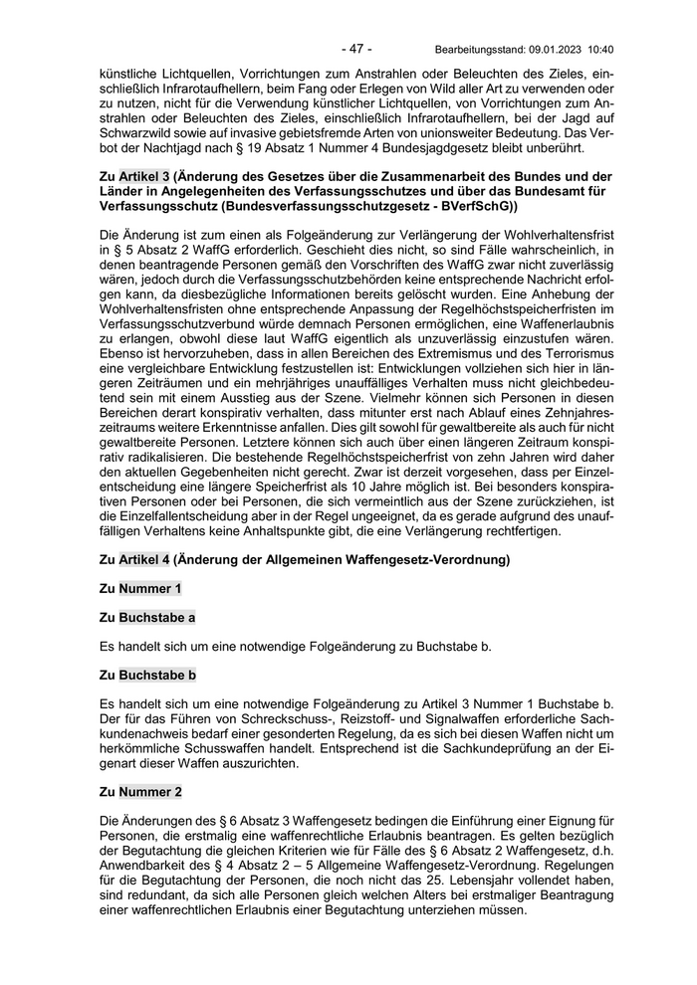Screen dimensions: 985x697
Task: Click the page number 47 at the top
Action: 355,48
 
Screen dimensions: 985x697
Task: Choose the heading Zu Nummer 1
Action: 141,589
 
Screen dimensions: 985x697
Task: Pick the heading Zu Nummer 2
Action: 141,792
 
